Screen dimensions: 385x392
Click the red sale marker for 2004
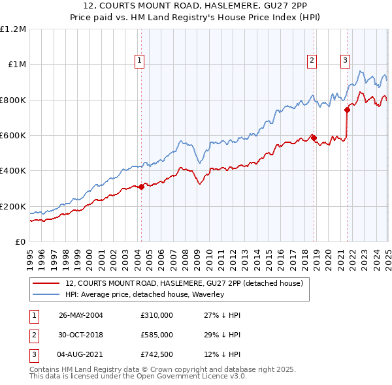tap(141, 187)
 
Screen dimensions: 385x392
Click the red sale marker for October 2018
tap(314, 138)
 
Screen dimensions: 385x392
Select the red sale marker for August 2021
tap(347, 110)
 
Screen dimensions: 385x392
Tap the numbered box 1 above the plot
tap(140, 61)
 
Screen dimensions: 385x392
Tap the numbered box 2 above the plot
tap(312, 61)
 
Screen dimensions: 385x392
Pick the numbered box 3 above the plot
tap(345, 61)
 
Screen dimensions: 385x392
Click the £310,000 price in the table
tap(156, 315)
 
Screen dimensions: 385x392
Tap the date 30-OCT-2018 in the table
tap(80, 335)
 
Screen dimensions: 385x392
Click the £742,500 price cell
tap(156, 355)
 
